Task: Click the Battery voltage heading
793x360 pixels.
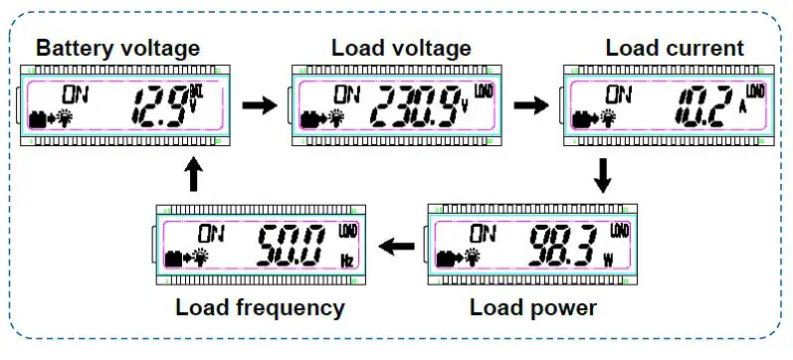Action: click(x=117, y=48)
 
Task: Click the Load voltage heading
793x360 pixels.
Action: click(x=401, y=48)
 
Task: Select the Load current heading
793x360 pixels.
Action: click(x=674, y=48)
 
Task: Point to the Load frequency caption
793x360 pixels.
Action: click(x=260, y=307)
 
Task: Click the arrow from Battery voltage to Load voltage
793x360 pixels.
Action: click(x=258, y=103)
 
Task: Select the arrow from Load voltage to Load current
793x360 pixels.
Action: click(x=530, y=103)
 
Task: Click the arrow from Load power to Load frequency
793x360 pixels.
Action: click(x=400, y=245)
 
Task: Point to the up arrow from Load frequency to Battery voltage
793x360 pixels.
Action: click(x=193, y=175)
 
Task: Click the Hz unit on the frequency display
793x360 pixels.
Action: click(x=346, y=260)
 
